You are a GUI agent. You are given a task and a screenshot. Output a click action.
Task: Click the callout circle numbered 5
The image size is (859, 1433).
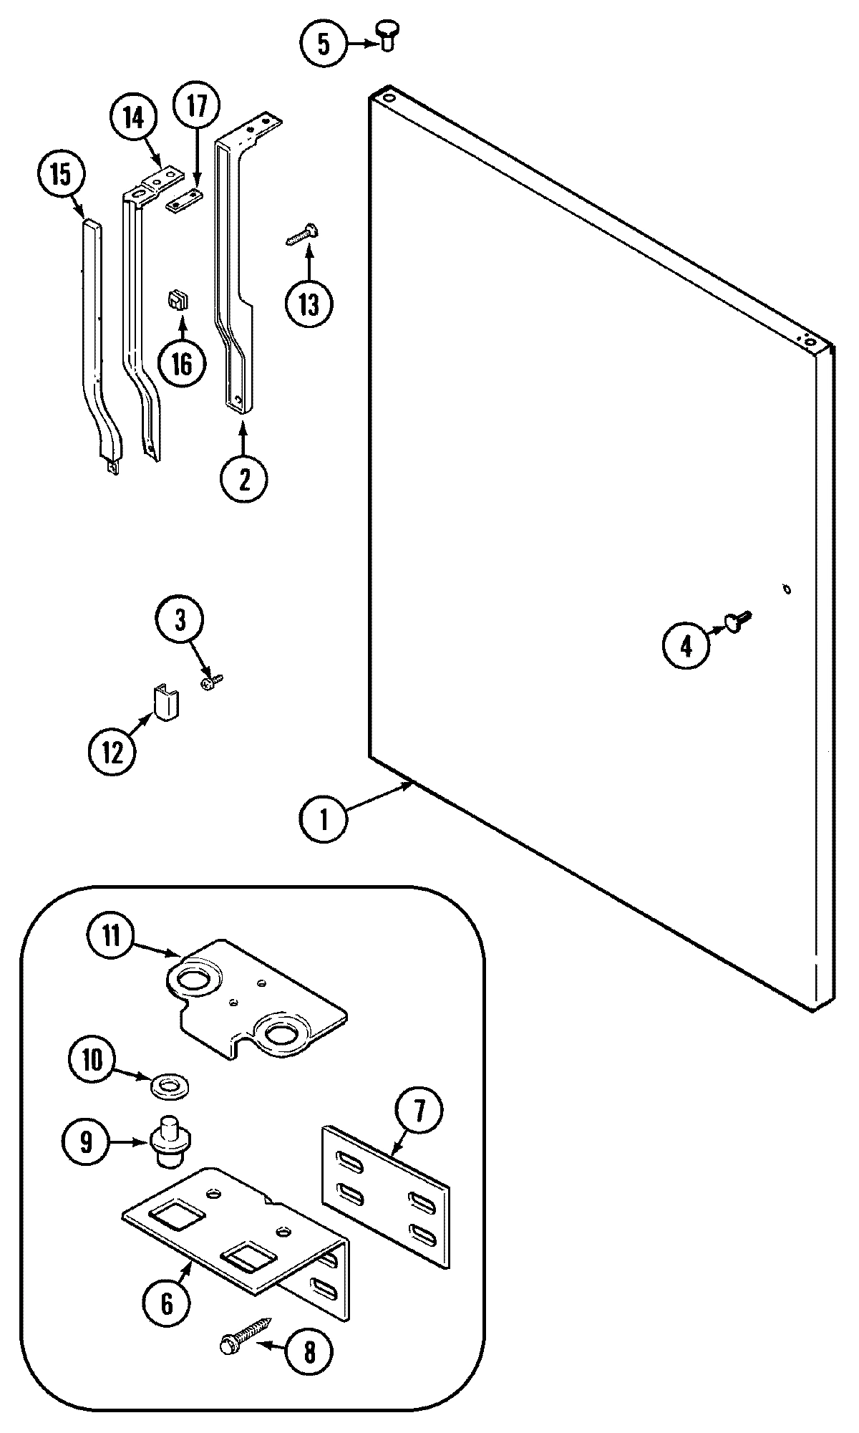[323, 44]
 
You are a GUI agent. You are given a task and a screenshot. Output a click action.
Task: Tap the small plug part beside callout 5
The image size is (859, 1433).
[387, 35]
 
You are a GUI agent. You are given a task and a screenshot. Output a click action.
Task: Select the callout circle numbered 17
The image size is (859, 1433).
[198, 107]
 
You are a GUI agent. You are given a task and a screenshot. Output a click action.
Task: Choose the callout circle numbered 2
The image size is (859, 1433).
[243, 479]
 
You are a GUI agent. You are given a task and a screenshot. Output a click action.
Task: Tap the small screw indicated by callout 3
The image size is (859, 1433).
[213, 682]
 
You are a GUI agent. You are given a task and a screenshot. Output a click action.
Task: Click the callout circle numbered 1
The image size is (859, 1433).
[324, 819]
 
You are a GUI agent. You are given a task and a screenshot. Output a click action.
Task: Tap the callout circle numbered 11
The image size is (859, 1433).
[111, 938]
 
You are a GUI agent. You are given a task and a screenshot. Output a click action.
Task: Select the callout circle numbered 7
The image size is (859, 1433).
[419, 1111]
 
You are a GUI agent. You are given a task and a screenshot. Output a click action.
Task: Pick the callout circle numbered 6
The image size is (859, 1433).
[167, 1304]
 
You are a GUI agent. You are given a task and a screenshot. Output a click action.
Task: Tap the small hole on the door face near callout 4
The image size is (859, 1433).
[786, 589]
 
